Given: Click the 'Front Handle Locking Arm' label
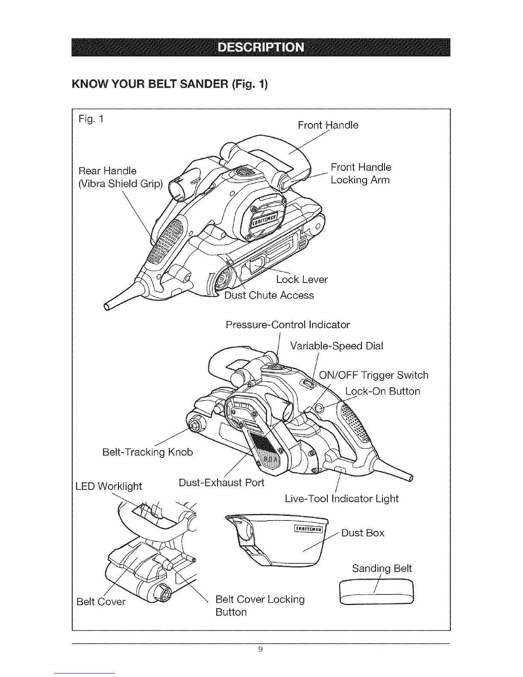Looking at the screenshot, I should [361, 173].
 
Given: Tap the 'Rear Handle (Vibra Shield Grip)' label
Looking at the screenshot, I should [121, 177].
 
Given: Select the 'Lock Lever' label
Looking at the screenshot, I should [302, 280].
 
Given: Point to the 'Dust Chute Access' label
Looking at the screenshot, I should [269, 295].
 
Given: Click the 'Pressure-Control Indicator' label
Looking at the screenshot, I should [288, 325].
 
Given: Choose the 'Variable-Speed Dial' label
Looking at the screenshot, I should [336, 345].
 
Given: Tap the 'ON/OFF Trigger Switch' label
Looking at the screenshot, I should [374, 375].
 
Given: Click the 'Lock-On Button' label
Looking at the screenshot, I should [382, 391].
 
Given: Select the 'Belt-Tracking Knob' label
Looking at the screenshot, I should [148, 452].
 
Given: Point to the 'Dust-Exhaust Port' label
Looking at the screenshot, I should [221, 483].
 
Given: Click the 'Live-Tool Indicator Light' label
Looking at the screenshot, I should [341, 498].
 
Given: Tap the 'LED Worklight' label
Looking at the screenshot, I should [109, 486].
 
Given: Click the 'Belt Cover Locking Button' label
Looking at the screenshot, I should [260, 606].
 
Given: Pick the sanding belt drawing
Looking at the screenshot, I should [376, 592].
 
